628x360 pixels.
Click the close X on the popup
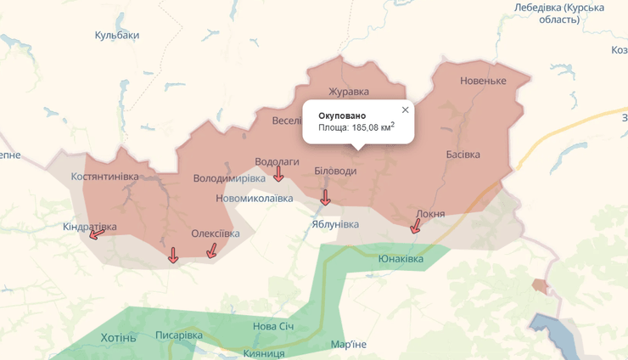tap(405, 110)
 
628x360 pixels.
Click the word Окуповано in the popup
tap(342, 115)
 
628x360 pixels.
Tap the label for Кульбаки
tap(117, 35)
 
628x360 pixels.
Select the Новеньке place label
tap(482, 81)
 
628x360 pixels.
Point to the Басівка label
tap(463, 155)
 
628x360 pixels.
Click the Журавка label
tap(349, 92)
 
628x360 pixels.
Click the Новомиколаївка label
tap(255, 198)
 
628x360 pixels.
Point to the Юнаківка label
tap(401, 258)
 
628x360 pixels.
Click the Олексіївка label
tap(215, 233)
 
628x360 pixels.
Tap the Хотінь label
tap(118, 337)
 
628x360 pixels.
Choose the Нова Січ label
tap(274, 326)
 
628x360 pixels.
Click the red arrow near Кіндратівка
tap(98, 233)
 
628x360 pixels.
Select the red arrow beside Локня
tap(416, 226)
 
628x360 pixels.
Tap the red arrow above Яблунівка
tap(325, 198)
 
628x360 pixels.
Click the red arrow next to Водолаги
tap(278, 174)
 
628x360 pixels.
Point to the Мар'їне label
tap(349, 344)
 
